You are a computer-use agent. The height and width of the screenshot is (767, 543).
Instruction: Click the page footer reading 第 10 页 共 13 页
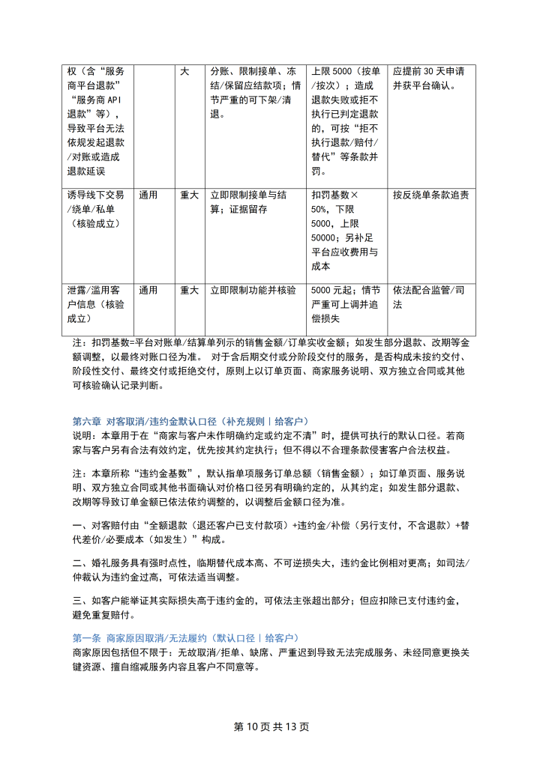[271, 727]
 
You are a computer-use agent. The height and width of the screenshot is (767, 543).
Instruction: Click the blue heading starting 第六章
[190, 421]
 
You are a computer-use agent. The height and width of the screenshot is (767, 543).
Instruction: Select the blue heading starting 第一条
[184, 637]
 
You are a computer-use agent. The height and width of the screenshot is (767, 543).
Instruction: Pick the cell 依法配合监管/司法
[429, 297]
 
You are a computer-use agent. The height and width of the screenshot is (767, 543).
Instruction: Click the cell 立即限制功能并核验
[253, 290]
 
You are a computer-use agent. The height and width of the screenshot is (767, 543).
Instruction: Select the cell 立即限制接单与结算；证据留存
[253, 202]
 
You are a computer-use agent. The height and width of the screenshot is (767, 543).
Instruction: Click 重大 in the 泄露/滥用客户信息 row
[189, 290]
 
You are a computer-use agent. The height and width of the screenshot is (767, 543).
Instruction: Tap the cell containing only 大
[184, 72]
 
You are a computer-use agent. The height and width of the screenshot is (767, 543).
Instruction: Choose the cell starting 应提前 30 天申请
[429, 79]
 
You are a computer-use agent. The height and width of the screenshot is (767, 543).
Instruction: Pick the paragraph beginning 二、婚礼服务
[271, 570]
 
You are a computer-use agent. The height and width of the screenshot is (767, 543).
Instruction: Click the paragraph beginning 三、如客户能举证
[271, 607]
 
